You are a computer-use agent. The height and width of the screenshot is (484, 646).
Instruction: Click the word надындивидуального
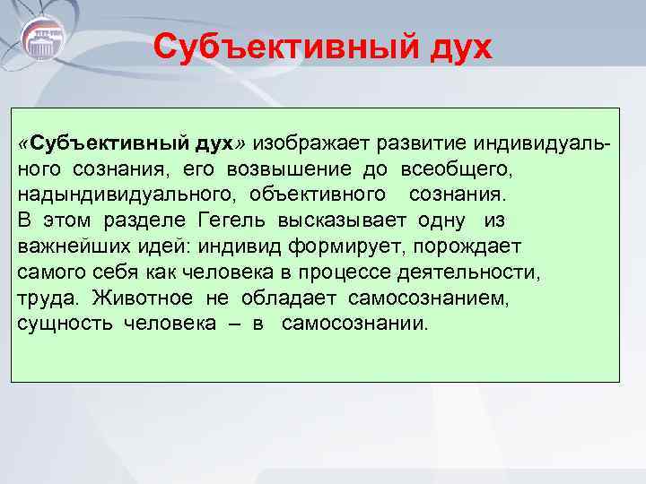click(x=128, y=194)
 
